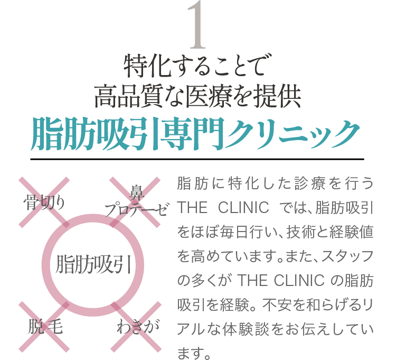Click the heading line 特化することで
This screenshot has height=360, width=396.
(197, 67)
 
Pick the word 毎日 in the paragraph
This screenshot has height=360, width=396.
(236, 233)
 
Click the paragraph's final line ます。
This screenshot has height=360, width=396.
(191, 352)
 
